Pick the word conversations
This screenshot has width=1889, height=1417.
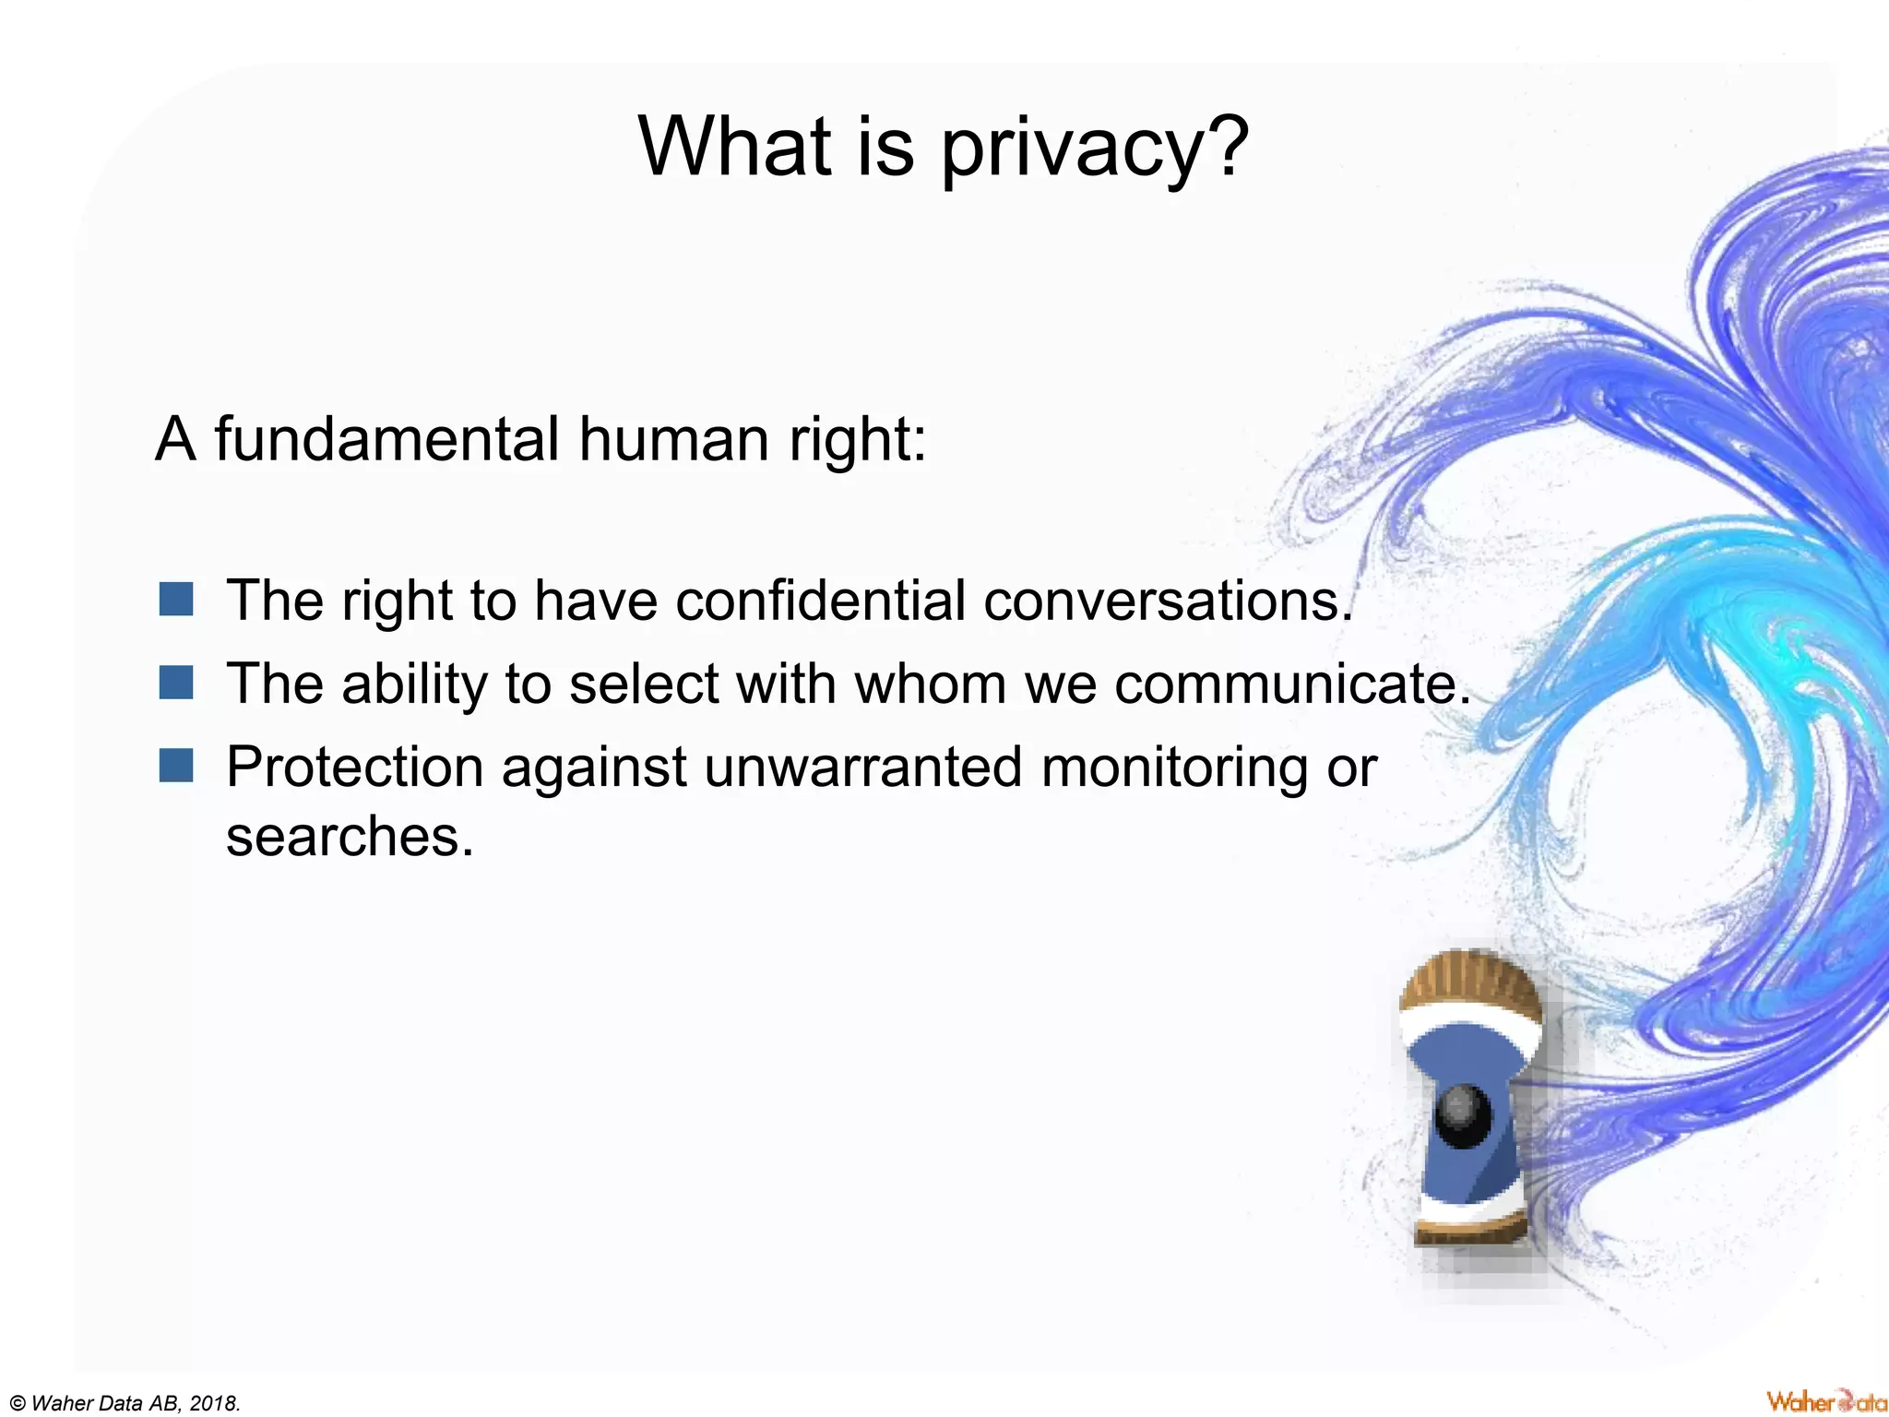coord(1168,601)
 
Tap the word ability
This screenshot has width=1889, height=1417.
coord(413,685)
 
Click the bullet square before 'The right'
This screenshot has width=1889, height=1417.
coord(175,599)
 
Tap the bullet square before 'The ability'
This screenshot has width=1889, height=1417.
coord(175,684)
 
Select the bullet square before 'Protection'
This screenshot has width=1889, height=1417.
coord(175,766)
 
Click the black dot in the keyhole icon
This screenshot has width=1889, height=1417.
coord(1464,1117)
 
